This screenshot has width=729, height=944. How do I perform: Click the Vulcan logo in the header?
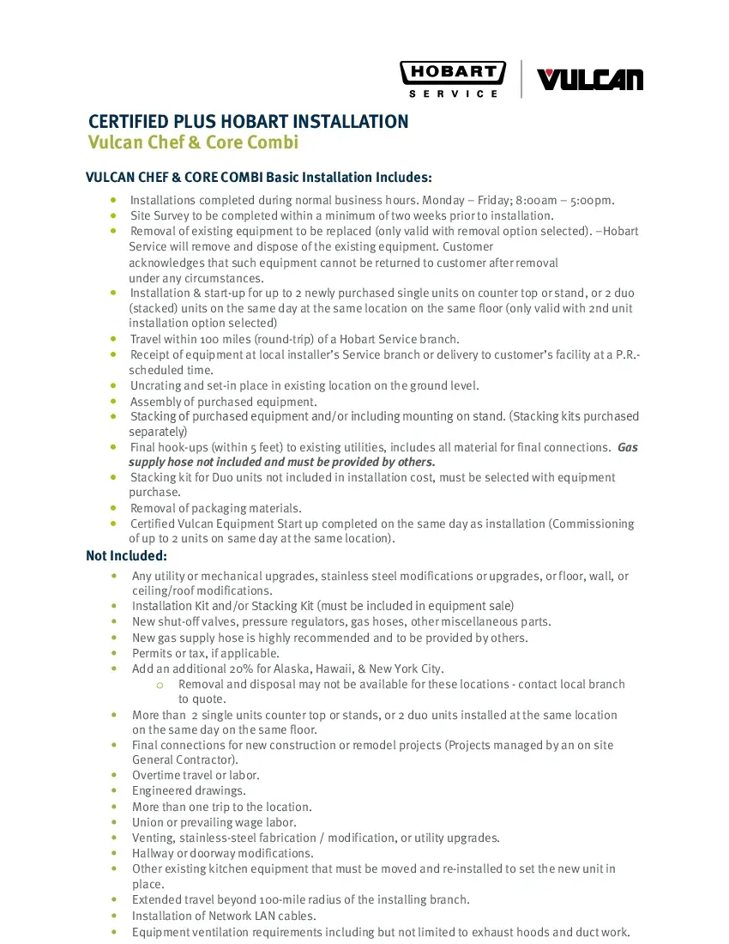(589, 80)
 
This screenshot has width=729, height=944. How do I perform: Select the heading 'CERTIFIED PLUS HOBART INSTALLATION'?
(249, 121)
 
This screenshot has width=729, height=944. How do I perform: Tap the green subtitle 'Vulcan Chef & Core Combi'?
(194, 142)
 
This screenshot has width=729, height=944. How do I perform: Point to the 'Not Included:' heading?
(126, 556)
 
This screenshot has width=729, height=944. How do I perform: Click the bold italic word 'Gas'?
(628, 447)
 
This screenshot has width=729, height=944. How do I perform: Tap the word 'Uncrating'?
(155, 385)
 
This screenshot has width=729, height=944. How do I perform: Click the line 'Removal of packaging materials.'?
(215, 508)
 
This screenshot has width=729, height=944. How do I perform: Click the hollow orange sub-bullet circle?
(160, 685)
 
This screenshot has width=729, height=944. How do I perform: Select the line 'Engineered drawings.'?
(189, 790)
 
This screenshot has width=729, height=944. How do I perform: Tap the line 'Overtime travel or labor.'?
(196, 775)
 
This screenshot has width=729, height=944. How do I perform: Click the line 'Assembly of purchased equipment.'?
(223, 402)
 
